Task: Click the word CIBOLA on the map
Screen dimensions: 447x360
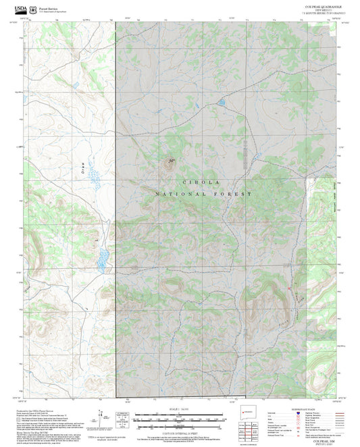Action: [x=203, y=182]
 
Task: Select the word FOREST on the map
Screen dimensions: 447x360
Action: [x=234, y=194]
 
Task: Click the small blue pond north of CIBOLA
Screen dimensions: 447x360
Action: [x=221, y=103]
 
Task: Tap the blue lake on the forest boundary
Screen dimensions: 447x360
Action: [x=103, y=257]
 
